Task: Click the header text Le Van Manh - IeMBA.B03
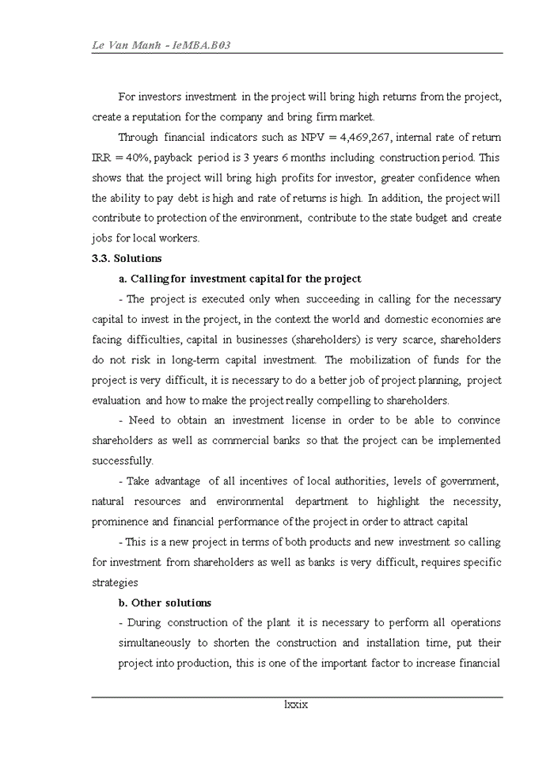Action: [161, 45]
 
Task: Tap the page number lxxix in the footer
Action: [295, 704]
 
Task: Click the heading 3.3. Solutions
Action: [127, 258]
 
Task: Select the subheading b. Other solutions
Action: [165, 602]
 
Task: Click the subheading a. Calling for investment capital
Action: [240, 279]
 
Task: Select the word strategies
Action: [116, 583]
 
